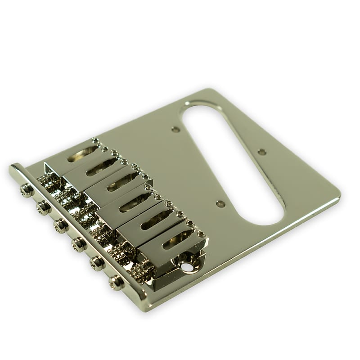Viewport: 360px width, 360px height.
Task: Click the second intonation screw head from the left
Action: pyautogui.click(x=43, y=207)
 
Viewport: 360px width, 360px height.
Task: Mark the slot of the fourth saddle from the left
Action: pyautogui.click(x=135, y=203)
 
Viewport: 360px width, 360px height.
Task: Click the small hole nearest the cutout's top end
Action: pyautogui.click(x=175, y=130)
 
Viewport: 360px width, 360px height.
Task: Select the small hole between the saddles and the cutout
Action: pyautogui.click(x=220, y=204)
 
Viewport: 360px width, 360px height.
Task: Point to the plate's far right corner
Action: pyautogui.click(x=339, y=196)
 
